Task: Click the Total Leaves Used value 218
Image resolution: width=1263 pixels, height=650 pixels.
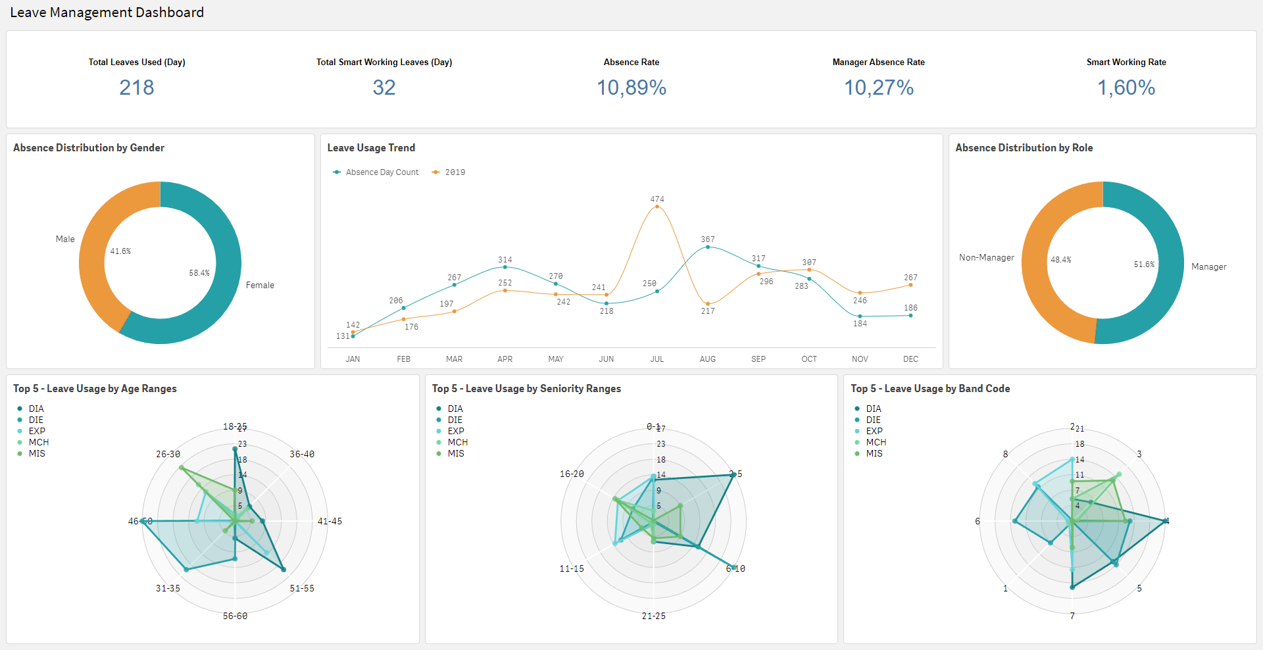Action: click(x=137, y=87)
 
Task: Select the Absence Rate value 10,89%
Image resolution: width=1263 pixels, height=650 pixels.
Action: click(x=631, y=87)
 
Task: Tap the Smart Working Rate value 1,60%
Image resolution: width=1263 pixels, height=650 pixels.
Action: click(x=1126, y=87)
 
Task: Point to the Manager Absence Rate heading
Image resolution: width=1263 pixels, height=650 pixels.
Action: click(x=878, y=63)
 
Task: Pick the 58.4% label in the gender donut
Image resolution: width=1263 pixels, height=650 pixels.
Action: click(x=199, y=273)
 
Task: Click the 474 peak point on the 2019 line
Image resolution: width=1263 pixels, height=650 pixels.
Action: click(x=657, y=207)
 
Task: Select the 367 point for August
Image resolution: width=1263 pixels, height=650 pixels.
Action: click(x=708, y=247)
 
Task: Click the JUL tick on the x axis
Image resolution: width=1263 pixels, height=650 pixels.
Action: click(x=657, y=359)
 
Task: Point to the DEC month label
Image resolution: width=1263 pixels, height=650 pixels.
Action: click(x=910, y=359)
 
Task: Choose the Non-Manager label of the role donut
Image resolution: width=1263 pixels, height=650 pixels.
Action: click(x=986, y=258)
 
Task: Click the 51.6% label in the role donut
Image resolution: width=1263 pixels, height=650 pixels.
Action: click(x=1144, y=264)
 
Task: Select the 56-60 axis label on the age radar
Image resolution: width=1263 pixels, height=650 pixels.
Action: click(x=235, y=616)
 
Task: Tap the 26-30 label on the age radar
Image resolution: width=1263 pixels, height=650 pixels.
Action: click(x=168, y=455)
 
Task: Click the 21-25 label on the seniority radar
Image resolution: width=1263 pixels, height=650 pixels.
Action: click(x=654, y=616)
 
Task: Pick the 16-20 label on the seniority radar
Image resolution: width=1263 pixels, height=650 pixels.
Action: click(x=572, y=474)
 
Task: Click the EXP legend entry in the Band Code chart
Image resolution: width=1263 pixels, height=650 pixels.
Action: click(x=874, y=432)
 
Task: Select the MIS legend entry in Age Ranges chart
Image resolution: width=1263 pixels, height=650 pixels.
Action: click(x=37, y=454)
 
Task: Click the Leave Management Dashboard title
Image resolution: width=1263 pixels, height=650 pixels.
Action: click(x=107, y=12)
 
